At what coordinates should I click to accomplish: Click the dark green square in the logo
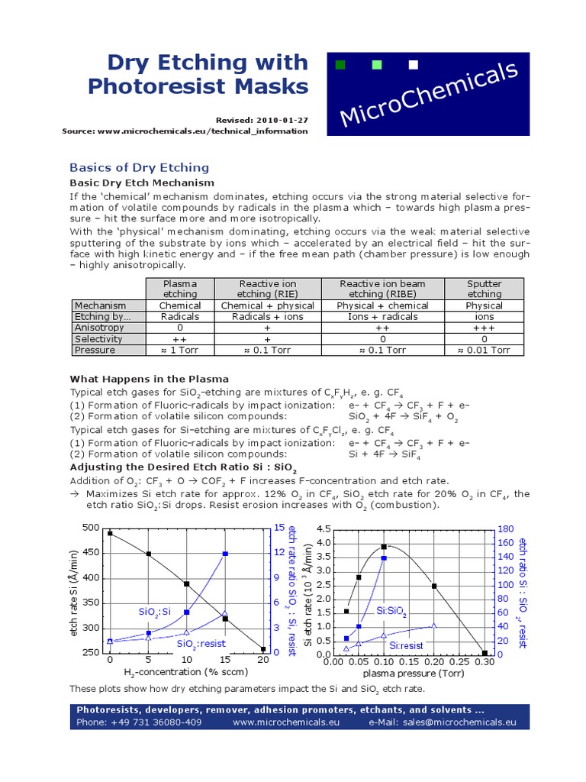(x=341, y=65)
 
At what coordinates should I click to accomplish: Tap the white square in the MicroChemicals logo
(x=414, y=65)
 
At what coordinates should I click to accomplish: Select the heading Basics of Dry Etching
(x=139, y=167)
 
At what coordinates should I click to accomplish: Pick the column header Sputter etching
(x=485, y=289)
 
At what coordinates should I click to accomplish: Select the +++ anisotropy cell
(x=485, y=327)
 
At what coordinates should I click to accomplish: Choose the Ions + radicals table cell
(x=382, y=316)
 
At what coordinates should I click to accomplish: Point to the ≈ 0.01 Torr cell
(x=485, y=350)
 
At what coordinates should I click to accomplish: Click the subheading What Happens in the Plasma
(x=150, y=379)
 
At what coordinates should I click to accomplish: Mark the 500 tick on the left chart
(x=91, y=528)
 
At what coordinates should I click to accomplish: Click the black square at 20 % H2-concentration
(x=263, y=649)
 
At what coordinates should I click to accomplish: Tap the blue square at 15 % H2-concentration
(x=225, y=554)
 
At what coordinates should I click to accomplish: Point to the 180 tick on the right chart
(x=505, y=528)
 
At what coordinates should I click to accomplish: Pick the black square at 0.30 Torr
(x=485, y=653)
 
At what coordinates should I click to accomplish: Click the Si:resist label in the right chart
(x=407, y=645)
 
